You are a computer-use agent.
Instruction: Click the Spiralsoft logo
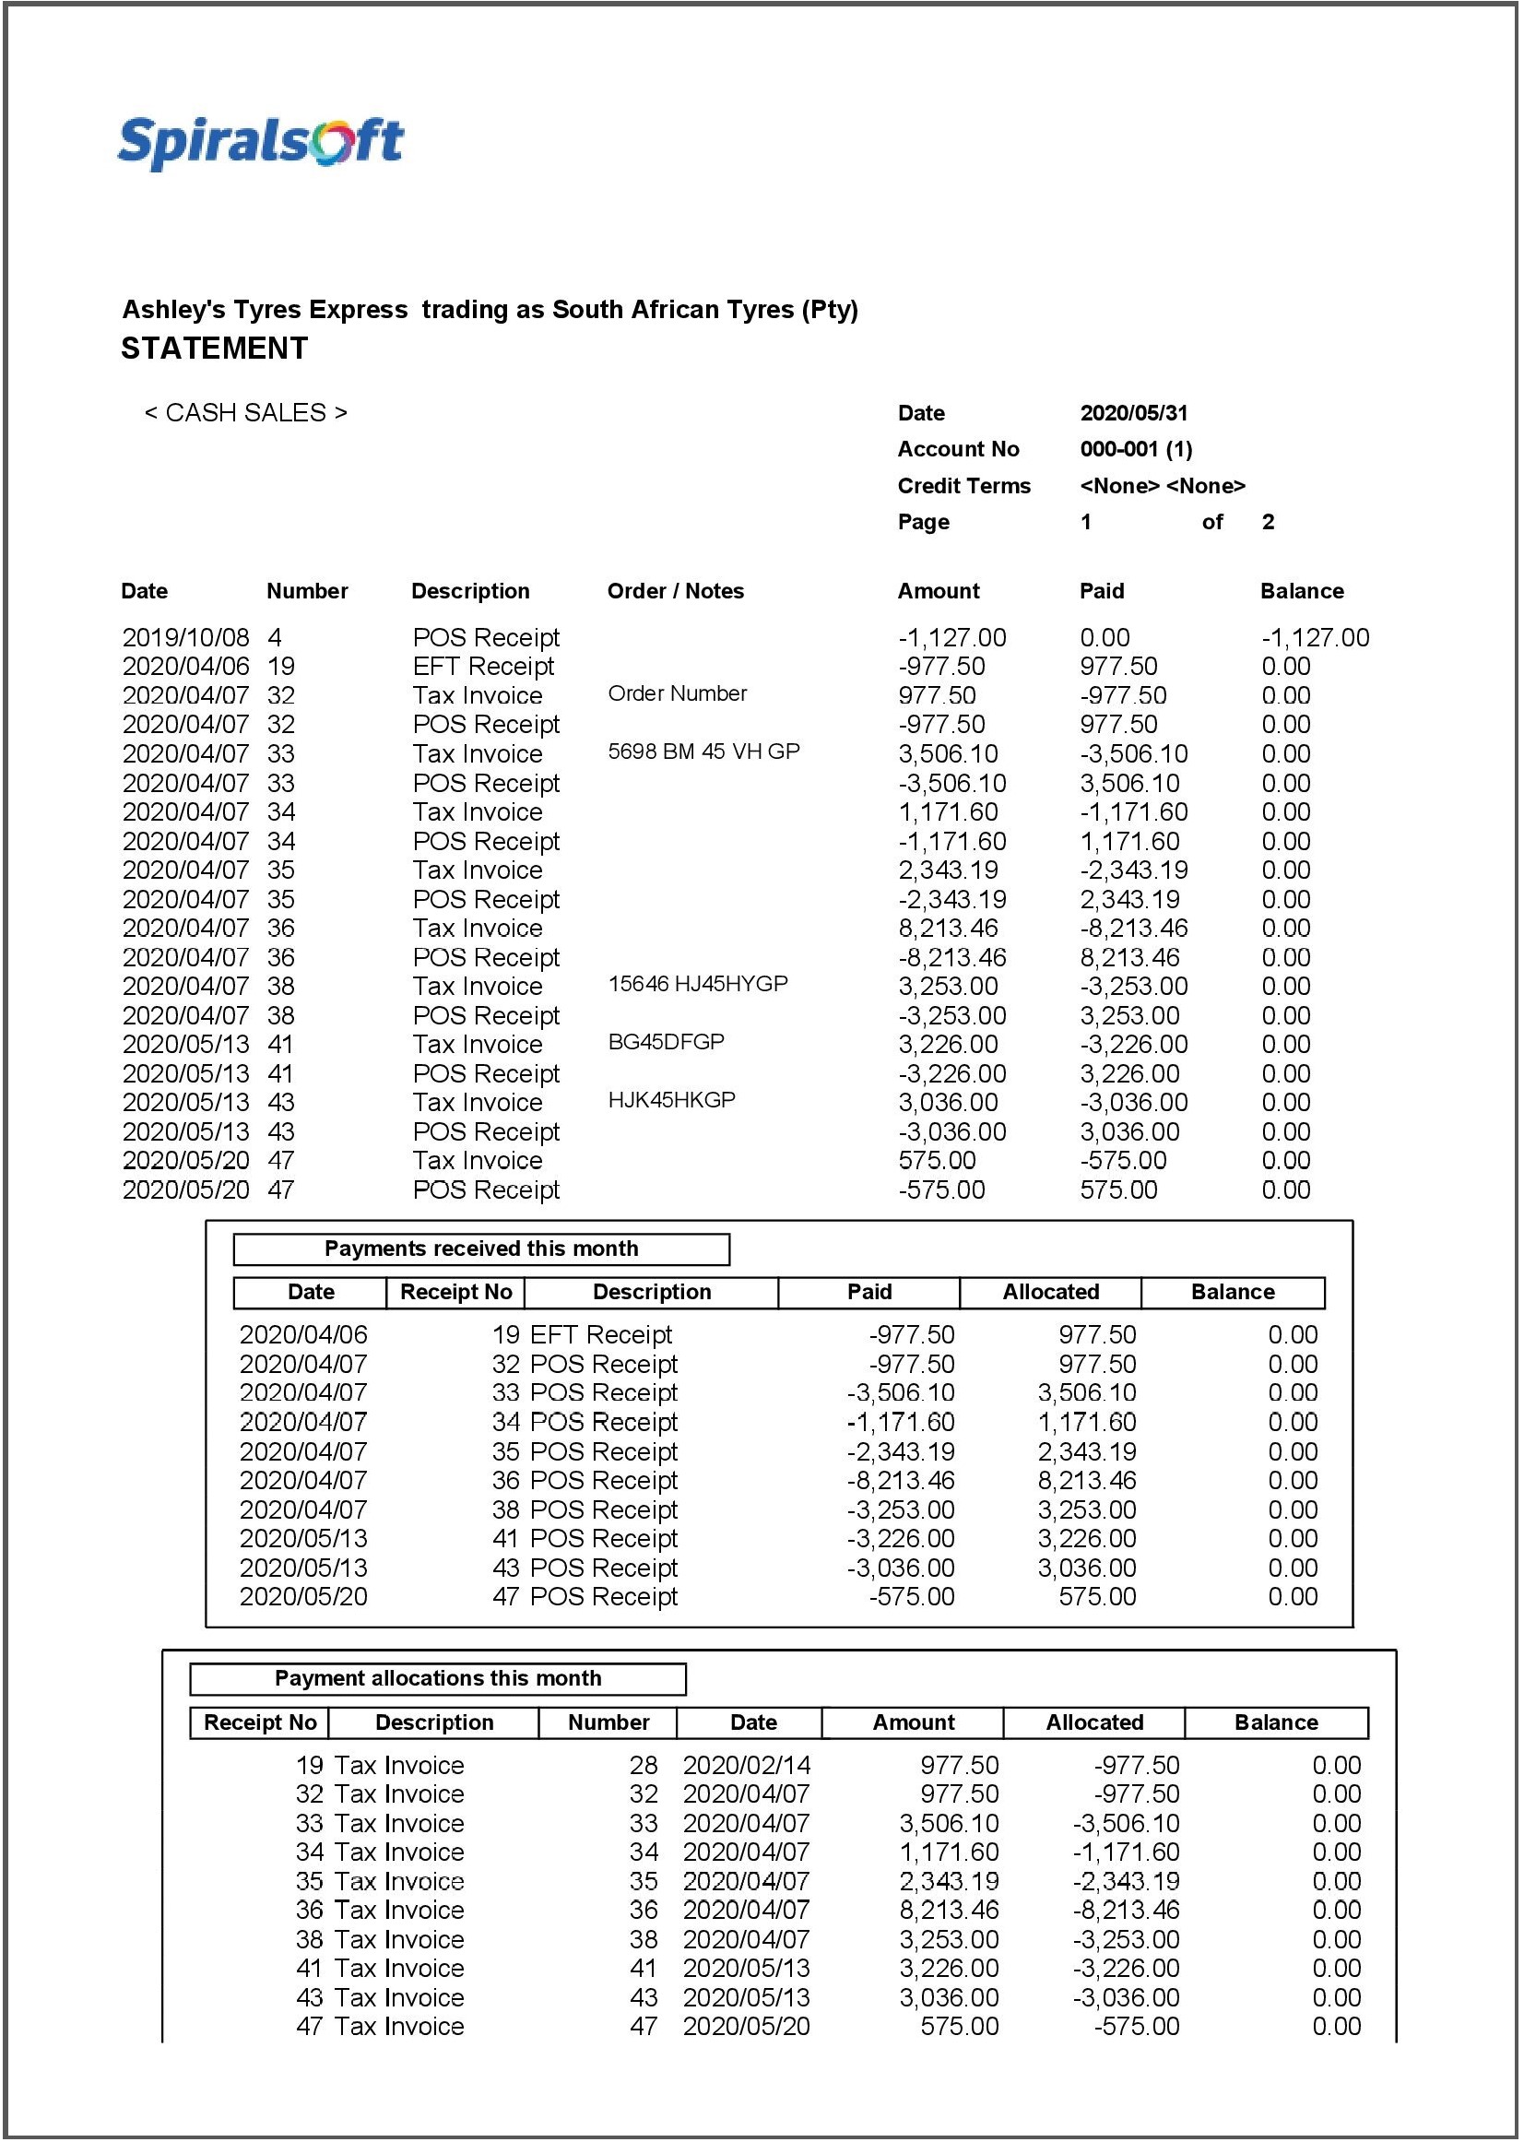pyautogui.click(x=260, y=144)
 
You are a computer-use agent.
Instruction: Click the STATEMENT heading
pyautogui.click(x=214, y=349)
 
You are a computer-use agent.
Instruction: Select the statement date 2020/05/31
pyautogui.click(x=1133, y=413)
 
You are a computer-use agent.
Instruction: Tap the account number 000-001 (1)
pyautogui.click(x=1136, y=449)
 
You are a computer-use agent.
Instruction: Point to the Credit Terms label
pyautogui.click(x=963, y=485)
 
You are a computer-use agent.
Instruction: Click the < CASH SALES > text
pyautogui.click(x=245, y=413)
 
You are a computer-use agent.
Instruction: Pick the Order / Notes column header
pyautogui.click(x=675, y=591)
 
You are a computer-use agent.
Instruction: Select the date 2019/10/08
pyautogui.click(x=186, y=638)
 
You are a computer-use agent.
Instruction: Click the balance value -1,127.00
pyautogui.click(x=1314, y=638)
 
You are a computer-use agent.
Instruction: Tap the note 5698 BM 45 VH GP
pyautogui.click(x=703, y=752)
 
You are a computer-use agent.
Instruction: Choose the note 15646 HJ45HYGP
pyautogui.click(x=697, y=984)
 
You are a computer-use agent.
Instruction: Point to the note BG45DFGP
pyautogui.click(x=666, y=1042)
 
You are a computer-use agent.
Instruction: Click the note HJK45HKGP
pyautogui.click(x=671, y=1100)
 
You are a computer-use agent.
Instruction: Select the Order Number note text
pyautogui.click(x=677, y=693)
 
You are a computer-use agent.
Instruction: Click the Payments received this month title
pyautogui.click(x=480, y=1249)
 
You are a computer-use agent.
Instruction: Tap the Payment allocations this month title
pyautogui.click(x=437, y=1678)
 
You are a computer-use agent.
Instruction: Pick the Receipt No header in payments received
pyautogui.click(x=455, y=1293)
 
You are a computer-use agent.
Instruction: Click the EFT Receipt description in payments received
pyautogui.click(x=600, y=1334)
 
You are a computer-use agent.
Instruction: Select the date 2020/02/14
pyautogui.click(x=746, y=1766)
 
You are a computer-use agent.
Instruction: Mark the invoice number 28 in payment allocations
pyautogui.click(x=643, y=1766)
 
